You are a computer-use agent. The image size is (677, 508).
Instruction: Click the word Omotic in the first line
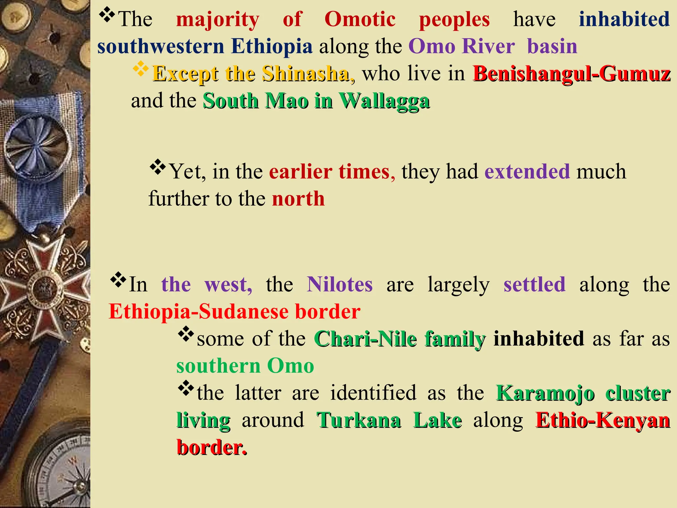[360, 19]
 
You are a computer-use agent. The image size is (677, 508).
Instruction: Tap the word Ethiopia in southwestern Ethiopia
[271, 46]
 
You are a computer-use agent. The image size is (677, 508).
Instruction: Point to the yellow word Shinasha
[306, 73]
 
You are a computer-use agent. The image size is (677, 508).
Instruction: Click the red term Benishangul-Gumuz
[572, 73]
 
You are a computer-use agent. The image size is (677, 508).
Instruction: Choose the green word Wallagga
[384, 101]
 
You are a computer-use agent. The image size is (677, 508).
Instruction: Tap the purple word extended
[527, 172]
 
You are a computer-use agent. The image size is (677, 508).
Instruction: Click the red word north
[298, 199]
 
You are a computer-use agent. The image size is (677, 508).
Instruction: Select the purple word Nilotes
[339, 284]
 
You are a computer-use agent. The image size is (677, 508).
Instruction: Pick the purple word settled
[534, 284]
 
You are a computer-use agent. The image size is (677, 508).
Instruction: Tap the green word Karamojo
[545, 393]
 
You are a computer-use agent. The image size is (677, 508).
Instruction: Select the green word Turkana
[359, 420]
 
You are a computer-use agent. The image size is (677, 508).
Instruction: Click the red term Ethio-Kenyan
[603, 420]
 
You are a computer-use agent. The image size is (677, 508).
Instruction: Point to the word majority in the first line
[218, 19]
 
